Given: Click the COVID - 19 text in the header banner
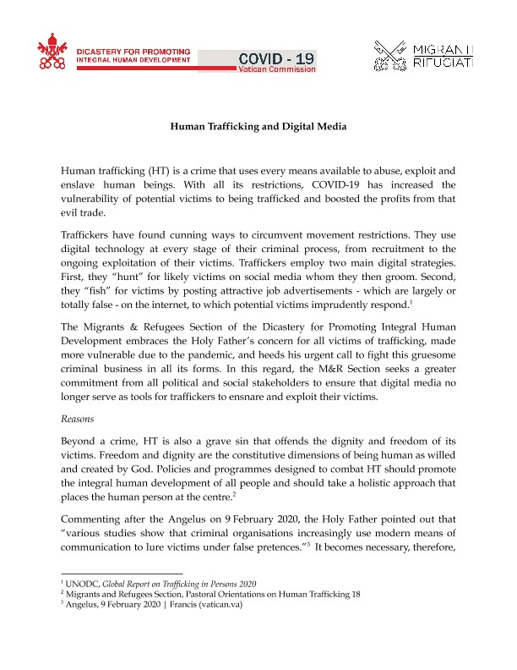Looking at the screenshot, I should click(277, 58).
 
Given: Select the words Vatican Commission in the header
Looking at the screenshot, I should click(278, 69).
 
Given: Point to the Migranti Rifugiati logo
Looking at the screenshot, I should click(423, 54).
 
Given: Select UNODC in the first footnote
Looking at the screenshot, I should click(87, 585).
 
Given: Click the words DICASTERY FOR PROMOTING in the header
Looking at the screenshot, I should click(133, 51).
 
